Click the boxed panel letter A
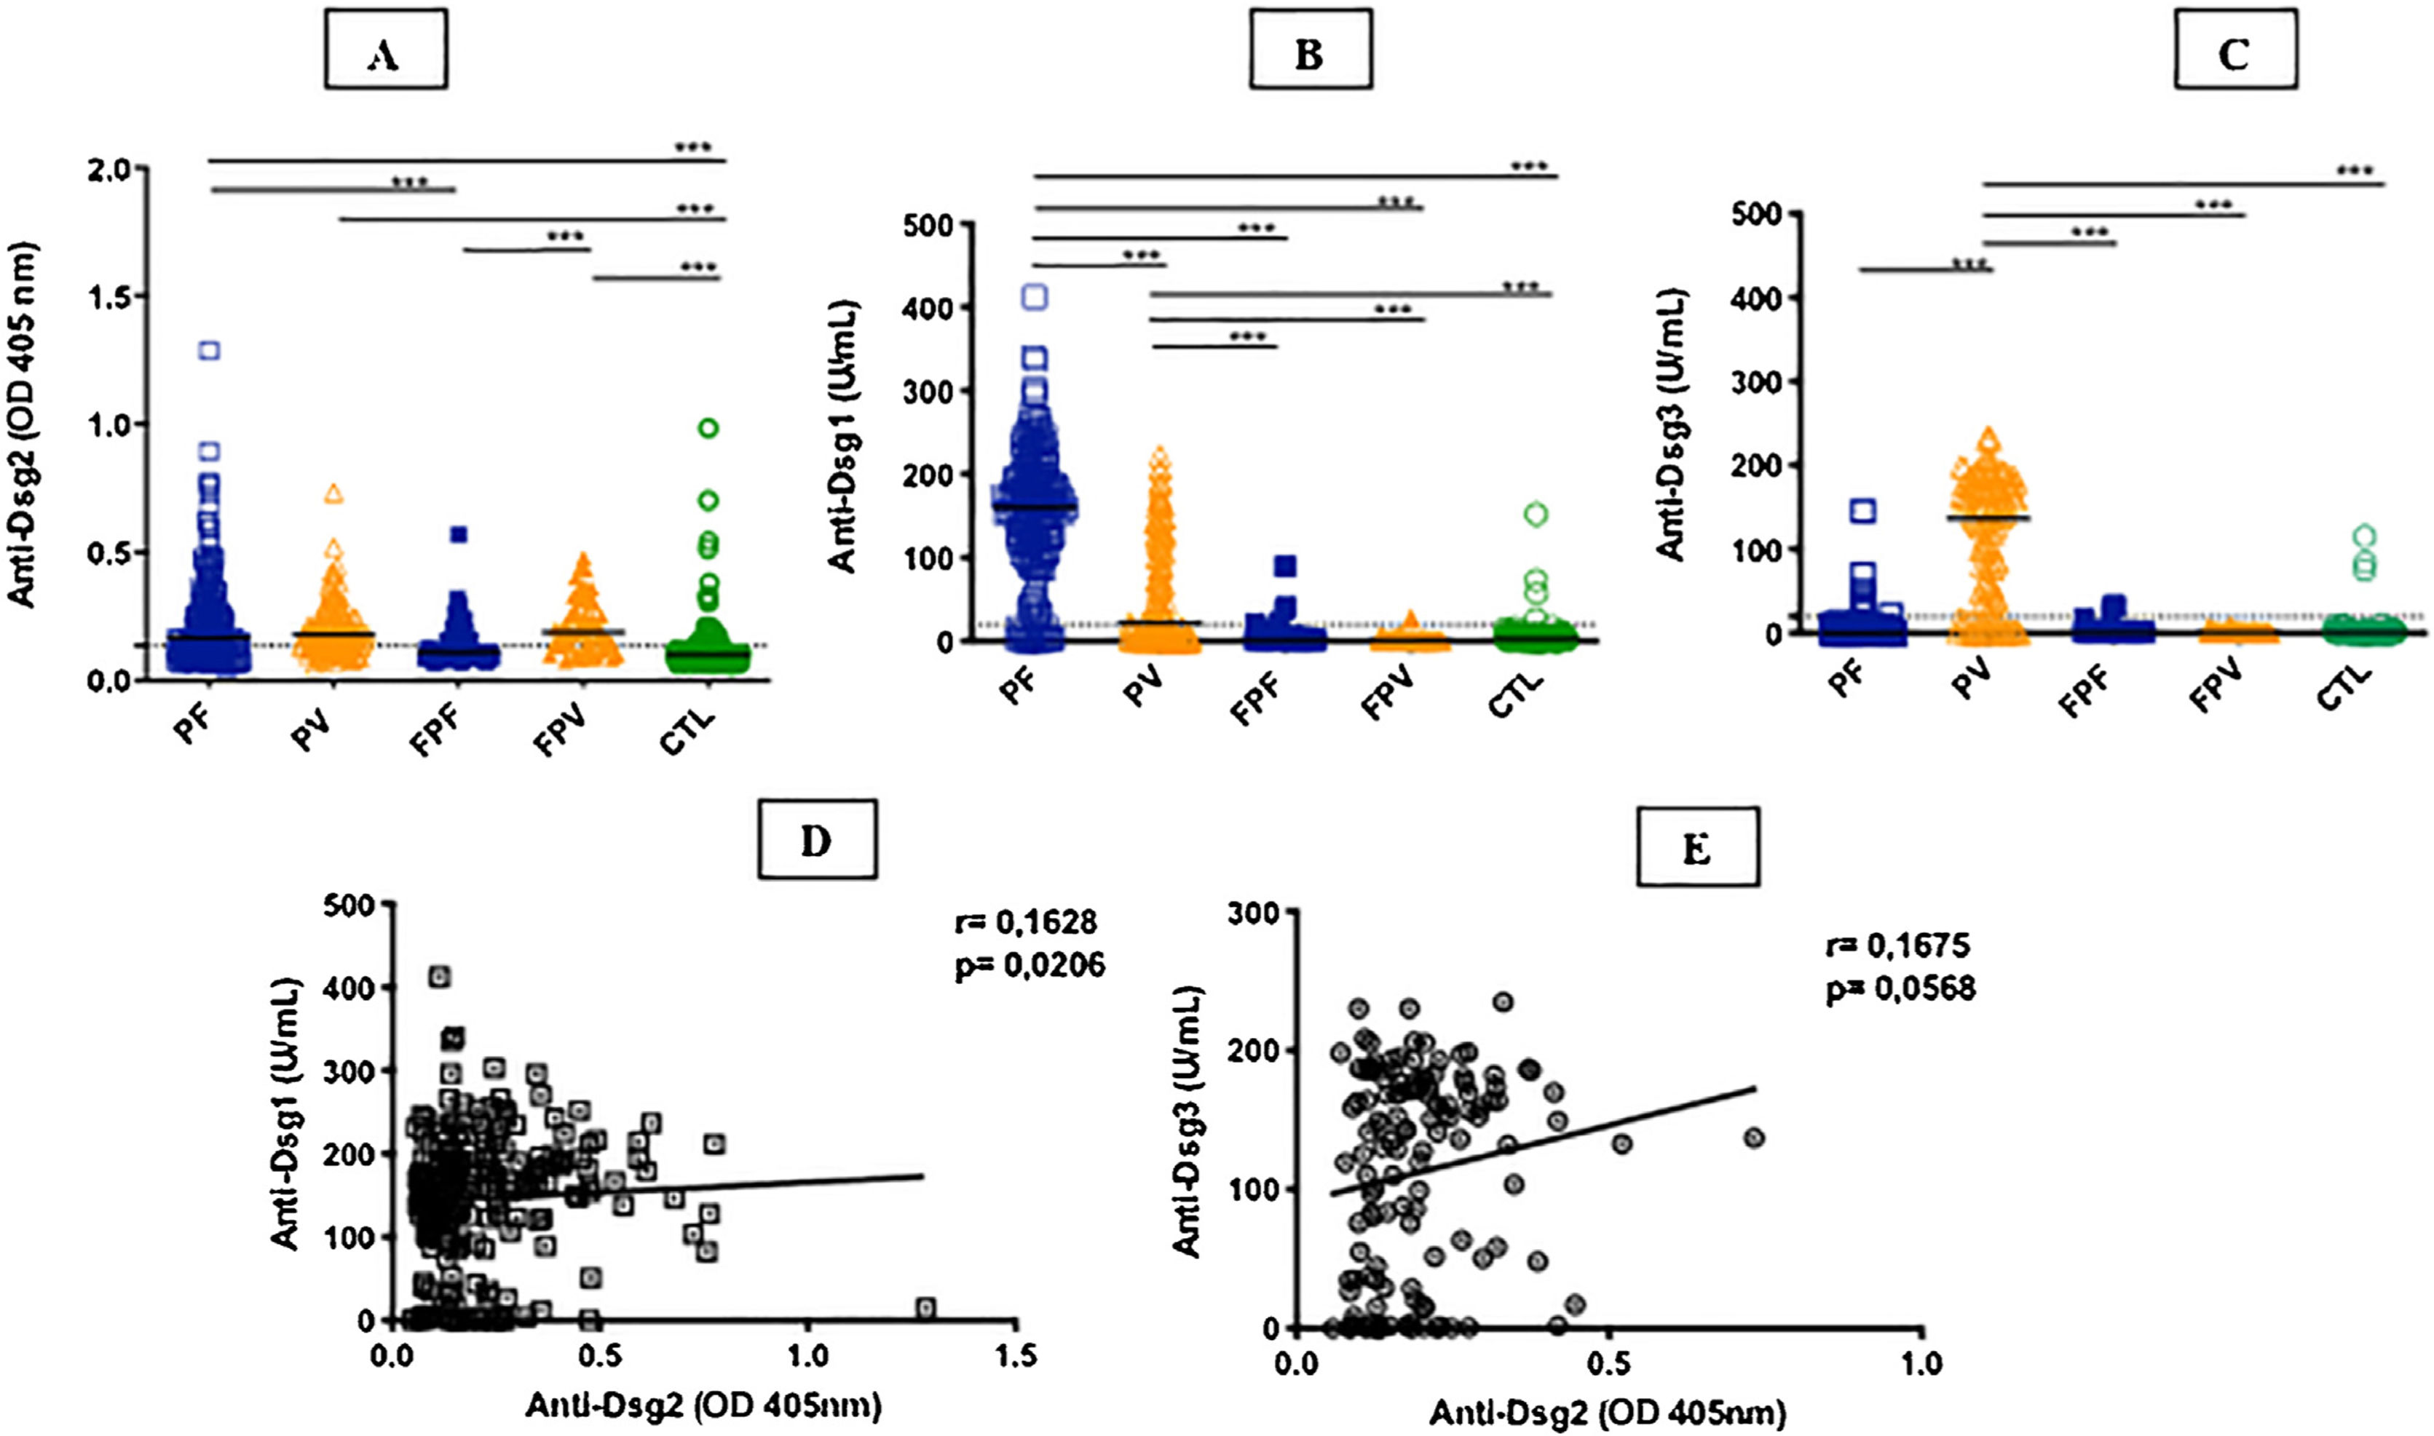pos(385,56)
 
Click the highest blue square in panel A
pos(209,350)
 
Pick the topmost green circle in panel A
pos(708,429)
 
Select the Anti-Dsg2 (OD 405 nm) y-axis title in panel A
pos(23,426)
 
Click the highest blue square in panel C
pos(1864,511)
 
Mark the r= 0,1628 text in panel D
pos(1026,923)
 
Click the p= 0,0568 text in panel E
pos(1901,989)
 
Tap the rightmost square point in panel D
pos(925,1309)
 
